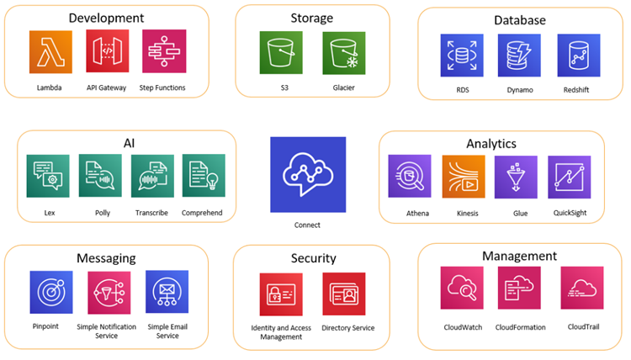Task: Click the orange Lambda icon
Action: coord(50,52)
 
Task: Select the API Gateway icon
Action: coord(107,52)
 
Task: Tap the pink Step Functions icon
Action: coord(164,52)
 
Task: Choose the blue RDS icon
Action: coord(462,56)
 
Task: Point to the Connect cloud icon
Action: coord(308,173)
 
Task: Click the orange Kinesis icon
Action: coord(464,177)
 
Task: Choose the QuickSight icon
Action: coord(569,177)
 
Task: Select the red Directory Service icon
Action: coord(343,294)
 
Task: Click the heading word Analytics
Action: coord(491,144)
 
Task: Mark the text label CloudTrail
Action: coord(582,326)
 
